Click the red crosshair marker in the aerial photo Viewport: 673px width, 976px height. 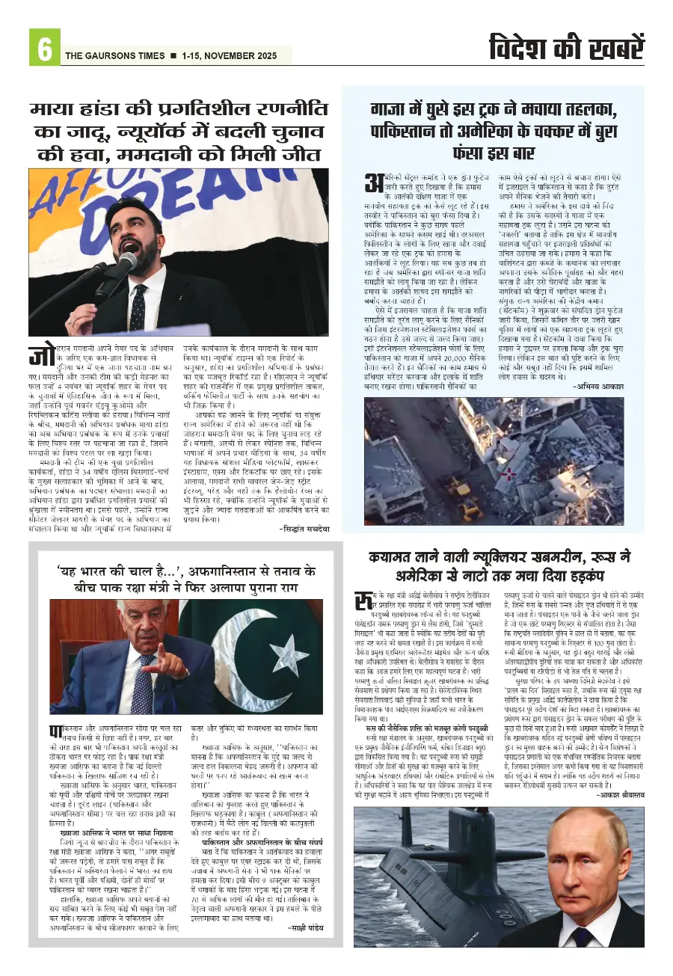click(x=508, y=473)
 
